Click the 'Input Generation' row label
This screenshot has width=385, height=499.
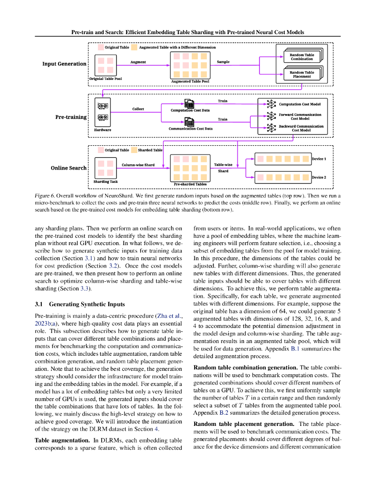click(64, 64)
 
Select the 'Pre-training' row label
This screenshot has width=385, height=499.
click(71, 117)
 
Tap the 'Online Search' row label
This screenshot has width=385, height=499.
click(69, 168)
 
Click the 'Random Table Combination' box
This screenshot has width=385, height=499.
click(302, 57)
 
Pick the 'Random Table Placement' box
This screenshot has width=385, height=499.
click(302, 75)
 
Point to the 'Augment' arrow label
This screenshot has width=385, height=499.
click(138, 62)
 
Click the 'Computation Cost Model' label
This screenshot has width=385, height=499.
click(299, 104)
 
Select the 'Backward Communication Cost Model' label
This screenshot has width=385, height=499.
click(301, 128)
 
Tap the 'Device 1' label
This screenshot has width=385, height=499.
click(319, 159)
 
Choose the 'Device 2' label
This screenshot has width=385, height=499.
click(319, 177)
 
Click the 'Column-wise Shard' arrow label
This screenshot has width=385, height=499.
click(138, 165)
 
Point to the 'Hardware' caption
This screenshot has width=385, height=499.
click(103, 130)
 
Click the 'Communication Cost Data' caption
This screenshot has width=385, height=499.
click(190, 129)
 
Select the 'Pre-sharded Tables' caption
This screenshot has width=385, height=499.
click(190, 184)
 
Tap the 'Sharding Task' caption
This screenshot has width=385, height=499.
click(106, 182)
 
